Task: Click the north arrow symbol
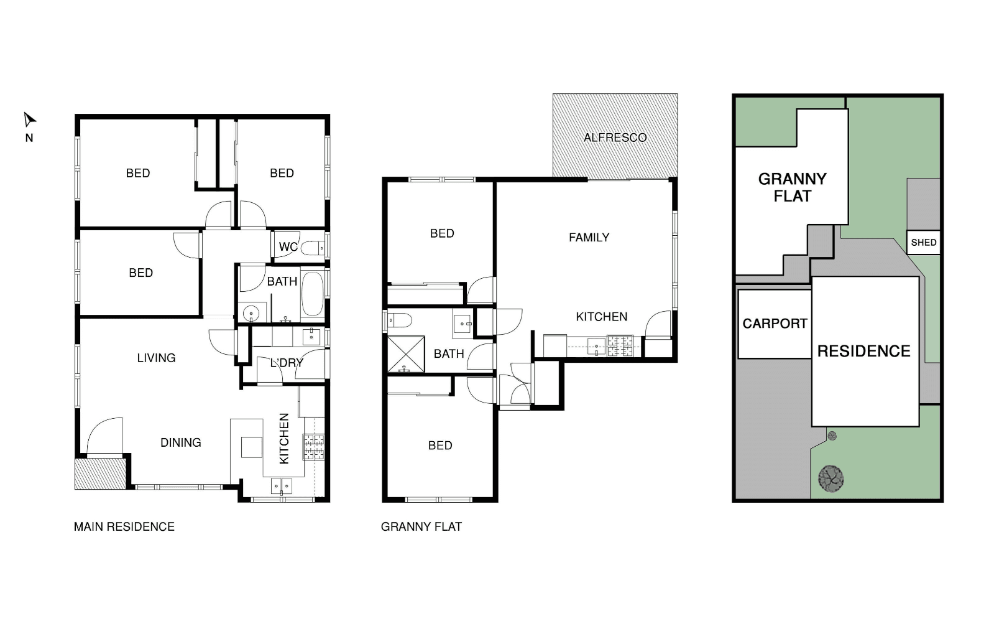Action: [x=29, y=119]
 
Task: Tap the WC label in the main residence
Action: [x=288, y=246]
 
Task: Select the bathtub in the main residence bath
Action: [x=313, y=294]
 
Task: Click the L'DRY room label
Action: [x=287, y=363]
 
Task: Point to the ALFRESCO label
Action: [x=615, y=138]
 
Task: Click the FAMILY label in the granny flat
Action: [x=589, y=238]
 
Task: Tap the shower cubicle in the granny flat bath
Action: [x=406, y=354]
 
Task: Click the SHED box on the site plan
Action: [x=923, y=243]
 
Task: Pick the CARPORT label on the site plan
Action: [x=775, y=324]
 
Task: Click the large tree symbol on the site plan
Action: [x=831, y=479]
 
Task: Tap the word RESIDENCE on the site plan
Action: [x=863, y=352]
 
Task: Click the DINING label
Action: [x=181, y=442]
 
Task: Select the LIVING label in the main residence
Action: [x=156, y=358]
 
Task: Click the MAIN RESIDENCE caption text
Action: [x=124, y=527]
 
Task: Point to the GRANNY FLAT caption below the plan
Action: [x=421, y=527]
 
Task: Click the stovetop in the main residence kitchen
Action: [x=314, y=447]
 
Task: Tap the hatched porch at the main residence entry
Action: [x=100, y=474]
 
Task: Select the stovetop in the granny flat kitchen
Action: [x=620, y=346]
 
